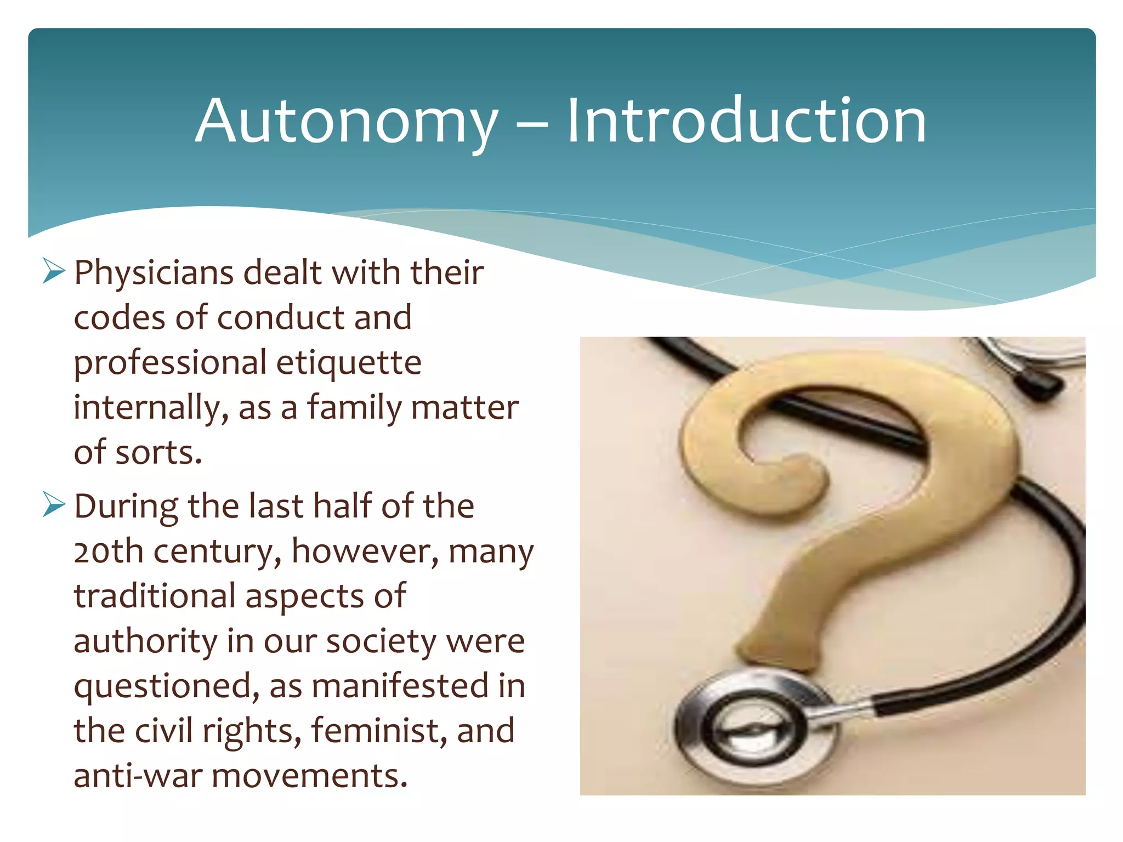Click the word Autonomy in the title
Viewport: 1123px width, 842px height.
point(347,122)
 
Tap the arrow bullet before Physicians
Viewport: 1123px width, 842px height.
point(54,271)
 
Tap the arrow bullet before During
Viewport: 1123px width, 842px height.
point(54,505)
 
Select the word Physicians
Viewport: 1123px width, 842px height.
point(154,273)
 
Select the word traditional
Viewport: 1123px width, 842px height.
point(155,596)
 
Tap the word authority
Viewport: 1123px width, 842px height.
point(145,641)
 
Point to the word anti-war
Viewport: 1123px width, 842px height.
point(138,776)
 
